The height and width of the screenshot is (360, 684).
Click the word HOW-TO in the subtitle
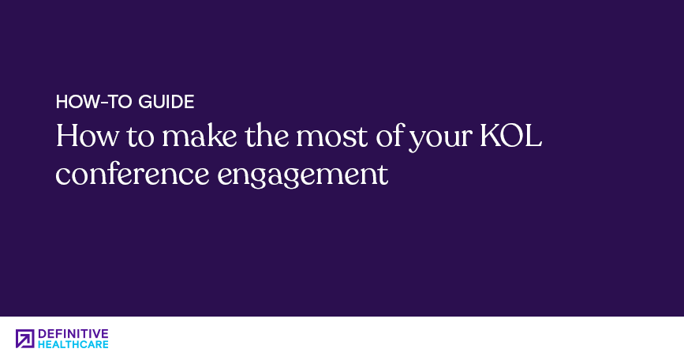point(93,102)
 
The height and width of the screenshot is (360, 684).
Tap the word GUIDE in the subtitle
point(166,102)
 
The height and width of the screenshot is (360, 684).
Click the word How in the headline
point(87,136)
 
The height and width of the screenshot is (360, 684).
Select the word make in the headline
point(200,136)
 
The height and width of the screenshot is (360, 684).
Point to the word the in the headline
point(266,136)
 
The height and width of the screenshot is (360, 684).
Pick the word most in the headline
point(332,136)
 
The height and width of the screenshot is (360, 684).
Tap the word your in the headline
point(440,140)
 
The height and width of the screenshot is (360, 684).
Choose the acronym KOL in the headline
point(510,136)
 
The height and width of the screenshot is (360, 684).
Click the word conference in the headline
point(133,174)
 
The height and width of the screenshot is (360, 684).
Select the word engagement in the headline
point(303,176)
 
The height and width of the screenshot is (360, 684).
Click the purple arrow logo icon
point(25,339)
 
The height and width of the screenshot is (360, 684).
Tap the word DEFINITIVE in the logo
point(73,334)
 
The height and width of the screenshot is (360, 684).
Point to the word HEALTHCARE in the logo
point(73,344)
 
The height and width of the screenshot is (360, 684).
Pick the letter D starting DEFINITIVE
point(42,334)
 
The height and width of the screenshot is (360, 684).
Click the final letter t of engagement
point(383,175)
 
